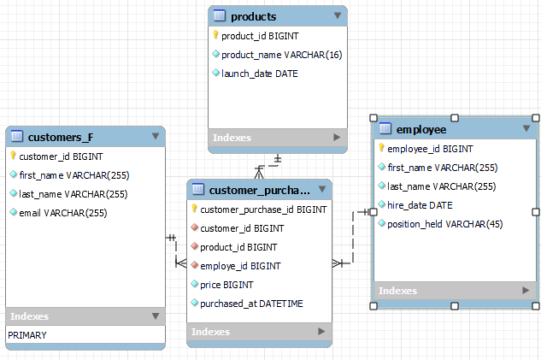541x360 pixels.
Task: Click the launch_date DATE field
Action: [x=259, y=74]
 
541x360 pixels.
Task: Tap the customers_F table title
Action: [x=60, y=137]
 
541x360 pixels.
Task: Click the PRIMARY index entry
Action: [x=27, y=335]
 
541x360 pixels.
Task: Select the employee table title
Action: [x=421, y=129]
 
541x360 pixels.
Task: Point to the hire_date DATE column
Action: [x=420, y=205]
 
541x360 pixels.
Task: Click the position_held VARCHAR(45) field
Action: [x=446, y=224]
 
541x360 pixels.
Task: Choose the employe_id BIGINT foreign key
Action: [x=239, y=266]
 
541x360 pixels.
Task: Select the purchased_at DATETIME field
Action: [x=251, y=304]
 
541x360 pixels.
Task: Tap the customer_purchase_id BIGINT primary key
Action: [x=263, y=210]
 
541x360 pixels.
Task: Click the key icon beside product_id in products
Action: [x=215, y=36]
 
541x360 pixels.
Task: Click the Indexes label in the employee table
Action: [x=397, y=291]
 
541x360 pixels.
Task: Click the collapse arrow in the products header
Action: [x=338, y=16]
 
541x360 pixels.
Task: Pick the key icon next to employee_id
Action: [x=381, y=149]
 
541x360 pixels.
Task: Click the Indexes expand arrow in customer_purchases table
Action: [x=321, y=331]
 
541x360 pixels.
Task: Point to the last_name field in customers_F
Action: [x=73, y=194]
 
